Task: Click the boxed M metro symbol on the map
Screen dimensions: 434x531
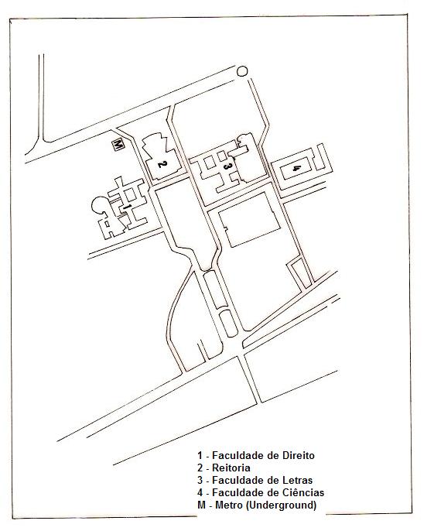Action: [118, 144]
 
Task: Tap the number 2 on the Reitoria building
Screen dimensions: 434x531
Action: [162, 165]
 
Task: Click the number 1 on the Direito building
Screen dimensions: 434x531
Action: [127, 206]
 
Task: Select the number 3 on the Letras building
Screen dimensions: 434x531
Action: [227, 166]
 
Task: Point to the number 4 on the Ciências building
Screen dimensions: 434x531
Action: [296, 168]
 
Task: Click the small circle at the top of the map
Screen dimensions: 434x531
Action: [242, 71]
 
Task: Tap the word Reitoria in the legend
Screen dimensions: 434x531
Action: [231, 468]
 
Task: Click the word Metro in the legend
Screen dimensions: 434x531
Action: [229, 505]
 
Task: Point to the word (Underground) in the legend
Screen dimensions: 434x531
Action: [281, 505]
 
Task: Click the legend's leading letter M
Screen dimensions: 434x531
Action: [201, 505]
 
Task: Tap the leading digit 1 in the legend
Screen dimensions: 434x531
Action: [200, 455]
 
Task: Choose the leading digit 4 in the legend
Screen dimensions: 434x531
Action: [200, 492]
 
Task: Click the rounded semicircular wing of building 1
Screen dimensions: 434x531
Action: [97, 206]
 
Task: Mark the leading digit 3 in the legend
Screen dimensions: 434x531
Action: [200, 480]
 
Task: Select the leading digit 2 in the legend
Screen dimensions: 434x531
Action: [200, 468]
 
